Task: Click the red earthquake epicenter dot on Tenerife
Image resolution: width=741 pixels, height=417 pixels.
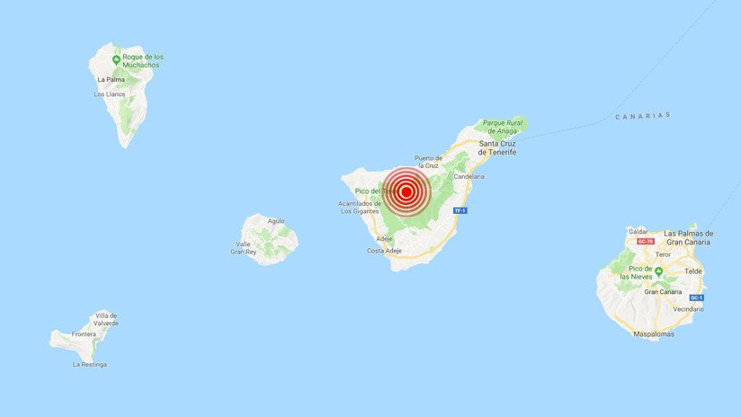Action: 406,191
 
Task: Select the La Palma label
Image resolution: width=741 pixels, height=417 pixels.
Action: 110,79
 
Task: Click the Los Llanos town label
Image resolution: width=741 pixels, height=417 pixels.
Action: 109,93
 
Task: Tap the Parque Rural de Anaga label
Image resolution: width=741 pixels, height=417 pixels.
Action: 502,126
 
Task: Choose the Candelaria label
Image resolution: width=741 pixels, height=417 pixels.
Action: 469,176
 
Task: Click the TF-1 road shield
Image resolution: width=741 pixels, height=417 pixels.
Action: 460,210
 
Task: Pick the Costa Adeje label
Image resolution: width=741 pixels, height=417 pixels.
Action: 388,251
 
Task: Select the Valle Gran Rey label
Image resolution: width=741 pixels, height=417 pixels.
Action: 244,247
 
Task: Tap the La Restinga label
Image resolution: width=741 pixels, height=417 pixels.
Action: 89,364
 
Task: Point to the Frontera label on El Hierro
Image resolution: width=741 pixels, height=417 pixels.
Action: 59,333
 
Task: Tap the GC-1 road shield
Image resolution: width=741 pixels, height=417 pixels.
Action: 695,297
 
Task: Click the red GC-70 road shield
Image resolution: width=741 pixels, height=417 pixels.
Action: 644,241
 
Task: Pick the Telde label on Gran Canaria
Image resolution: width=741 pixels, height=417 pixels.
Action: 693,270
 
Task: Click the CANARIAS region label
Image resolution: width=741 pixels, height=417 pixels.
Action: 643,116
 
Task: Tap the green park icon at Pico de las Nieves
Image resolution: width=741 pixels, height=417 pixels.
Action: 658,270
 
